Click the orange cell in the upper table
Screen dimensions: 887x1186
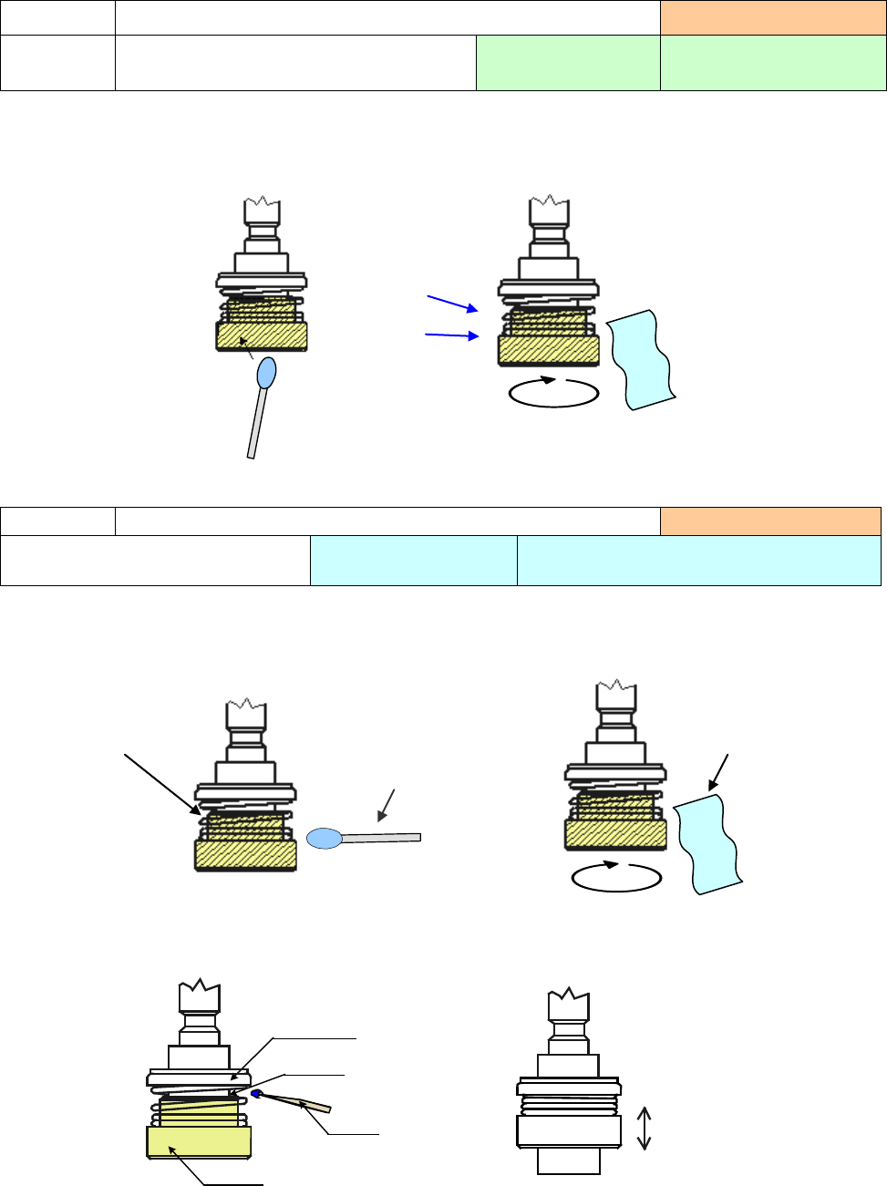(x=773, y=18)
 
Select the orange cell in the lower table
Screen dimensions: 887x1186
(x=770, y=521)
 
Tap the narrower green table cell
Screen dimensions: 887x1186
(x=567, y=63)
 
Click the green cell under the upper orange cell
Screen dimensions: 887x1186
(x=773, y=63)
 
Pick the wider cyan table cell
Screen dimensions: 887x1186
(x=698, y=560)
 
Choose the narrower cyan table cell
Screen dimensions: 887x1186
(x=413, y=560)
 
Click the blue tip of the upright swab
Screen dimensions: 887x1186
(x=266, y=372)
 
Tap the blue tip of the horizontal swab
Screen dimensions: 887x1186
(x=324, y=838)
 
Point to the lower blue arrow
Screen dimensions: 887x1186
(x=452, y=335)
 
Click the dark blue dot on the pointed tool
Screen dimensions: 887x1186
(x=258, y=1094)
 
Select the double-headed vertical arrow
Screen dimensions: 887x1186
(x=644, y=1128)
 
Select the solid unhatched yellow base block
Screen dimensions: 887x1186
(x=199, y=1142)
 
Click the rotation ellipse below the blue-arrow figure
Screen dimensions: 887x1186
(x=553, y=392)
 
